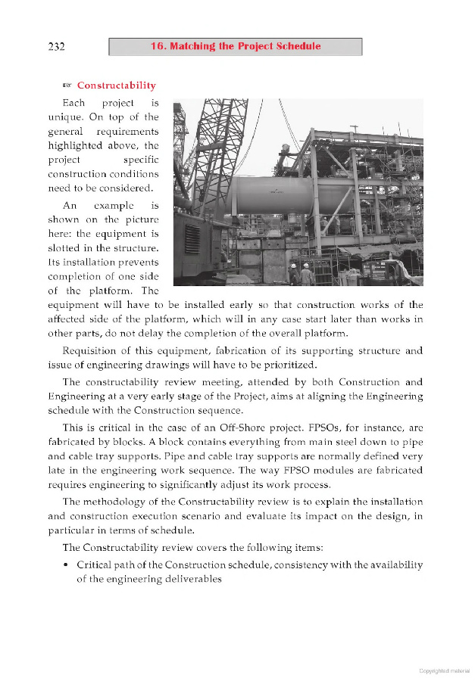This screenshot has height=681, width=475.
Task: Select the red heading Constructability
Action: [x=117, y=86]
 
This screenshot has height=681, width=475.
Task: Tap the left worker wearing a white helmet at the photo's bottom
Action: [x=293, y=273]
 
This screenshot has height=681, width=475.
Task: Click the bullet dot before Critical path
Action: [x=67, y=565]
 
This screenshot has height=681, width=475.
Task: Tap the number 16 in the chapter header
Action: [x=157, y=46]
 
